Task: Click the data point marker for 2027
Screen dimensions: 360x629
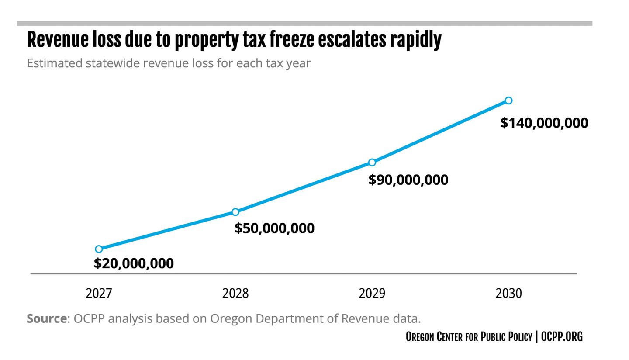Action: point(99,249)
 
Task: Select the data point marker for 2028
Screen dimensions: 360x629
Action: point(235,212)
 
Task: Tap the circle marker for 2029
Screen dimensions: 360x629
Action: point(372,163)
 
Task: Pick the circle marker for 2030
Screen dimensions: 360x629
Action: point(508,100)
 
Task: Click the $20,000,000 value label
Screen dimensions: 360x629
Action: point(134,263)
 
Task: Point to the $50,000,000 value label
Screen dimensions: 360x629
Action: point(274,228)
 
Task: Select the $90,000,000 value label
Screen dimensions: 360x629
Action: point(408,180)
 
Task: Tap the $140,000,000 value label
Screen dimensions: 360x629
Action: point(544,123)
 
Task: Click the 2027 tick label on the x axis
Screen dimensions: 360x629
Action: point(99,293)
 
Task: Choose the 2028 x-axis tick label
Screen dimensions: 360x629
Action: point(235,293)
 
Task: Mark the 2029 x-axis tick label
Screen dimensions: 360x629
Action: point(372,293)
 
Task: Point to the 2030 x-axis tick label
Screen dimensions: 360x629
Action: point(508,293)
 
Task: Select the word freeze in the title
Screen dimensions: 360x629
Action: point(291,40)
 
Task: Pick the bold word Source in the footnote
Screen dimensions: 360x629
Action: point(47,318)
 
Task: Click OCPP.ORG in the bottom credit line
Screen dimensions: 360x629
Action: point(562,336)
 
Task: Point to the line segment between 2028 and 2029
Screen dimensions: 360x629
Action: point(304,187)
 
